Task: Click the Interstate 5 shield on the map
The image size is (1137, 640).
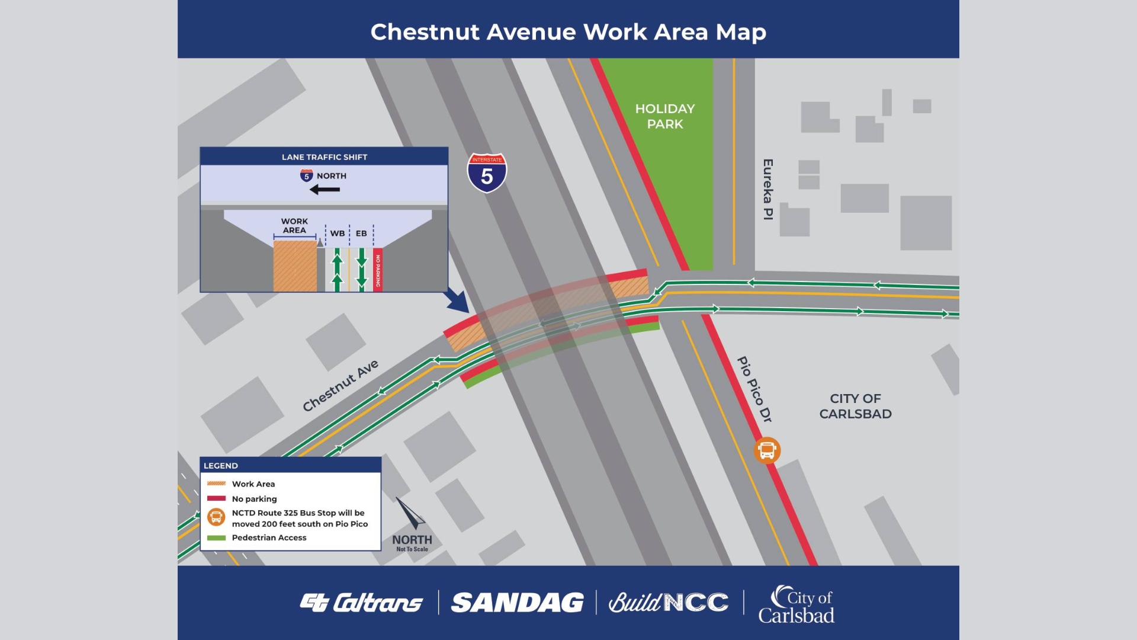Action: pos(487,173)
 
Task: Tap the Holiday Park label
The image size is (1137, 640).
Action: pos(664,116)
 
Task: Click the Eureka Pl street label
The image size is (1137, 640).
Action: pos(768,189)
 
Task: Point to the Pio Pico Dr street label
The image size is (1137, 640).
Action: pos(754,389)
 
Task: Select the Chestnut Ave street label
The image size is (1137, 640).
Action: pos(340,385)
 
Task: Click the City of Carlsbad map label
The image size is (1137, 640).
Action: pos(855,406)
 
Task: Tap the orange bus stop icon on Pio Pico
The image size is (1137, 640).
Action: pos(767,450)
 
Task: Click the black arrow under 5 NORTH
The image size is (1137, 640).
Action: pos(325,190)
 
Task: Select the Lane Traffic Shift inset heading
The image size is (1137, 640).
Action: pos(324,157)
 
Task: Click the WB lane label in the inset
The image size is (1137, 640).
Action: pos(337,233)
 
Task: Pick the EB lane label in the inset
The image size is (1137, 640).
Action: pos(361,233)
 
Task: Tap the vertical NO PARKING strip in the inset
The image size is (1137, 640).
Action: pos(378,270)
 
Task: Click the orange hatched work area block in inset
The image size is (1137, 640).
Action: pos(294,266)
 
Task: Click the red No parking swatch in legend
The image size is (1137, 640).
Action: pos(216,498)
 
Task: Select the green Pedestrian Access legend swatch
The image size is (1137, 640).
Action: pos(216,538)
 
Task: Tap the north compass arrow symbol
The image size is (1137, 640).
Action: pos(411,513)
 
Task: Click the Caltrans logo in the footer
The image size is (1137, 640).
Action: pos(361,603)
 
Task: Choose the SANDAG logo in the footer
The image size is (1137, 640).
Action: pos(517,603)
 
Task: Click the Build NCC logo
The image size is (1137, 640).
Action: pos(669,603)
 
